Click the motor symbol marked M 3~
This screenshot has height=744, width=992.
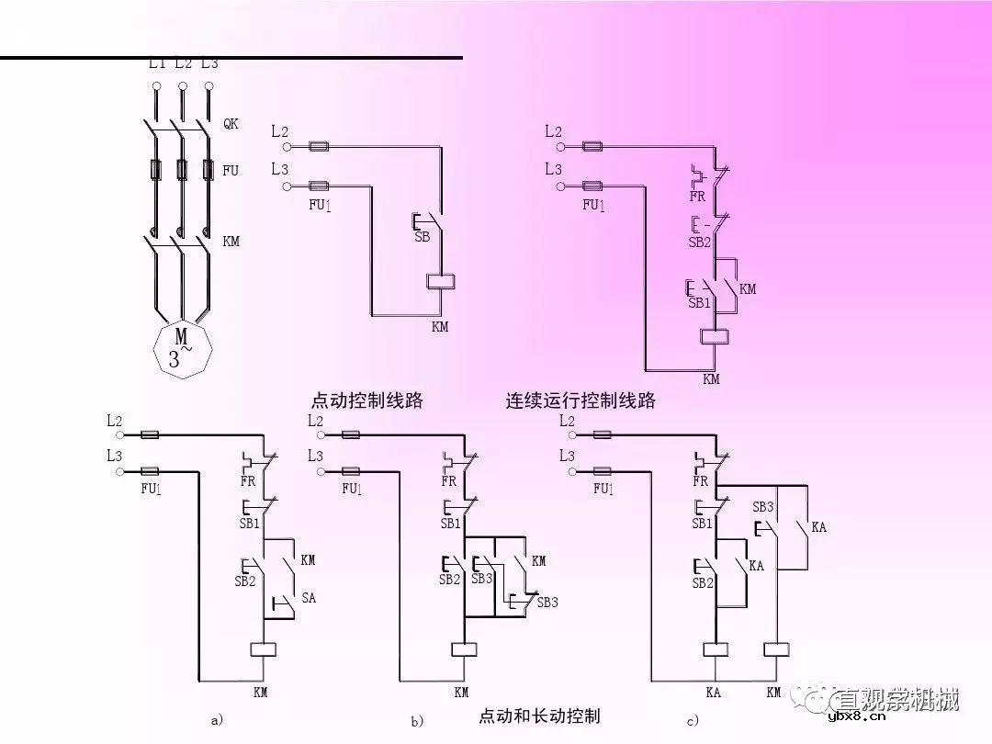[x=183, y=347]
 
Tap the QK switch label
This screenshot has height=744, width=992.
[x=231, y=124]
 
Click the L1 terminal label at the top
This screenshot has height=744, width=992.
[x=157, y=62]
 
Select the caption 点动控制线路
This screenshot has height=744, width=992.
[x=367, y=401]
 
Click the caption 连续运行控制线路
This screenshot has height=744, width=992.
[x=581, y=401]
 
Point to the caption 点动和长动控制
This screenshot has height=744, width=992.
[x=539, y=716]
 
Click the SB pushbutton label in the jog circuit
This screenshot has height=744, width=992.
[x=423, y=237]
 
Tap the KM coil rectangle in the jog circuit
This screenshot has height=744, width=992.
[x=442, y=282]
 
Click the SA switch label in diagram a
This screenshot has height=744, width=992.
[x=309, y=598]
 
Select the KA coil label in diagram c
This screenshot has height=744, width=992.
[x=713, y=693]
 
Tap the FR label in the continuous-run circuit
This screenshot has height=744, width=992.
[x=697, y=196]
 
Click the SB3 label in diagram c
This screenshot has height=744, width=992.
[x=763, y=506]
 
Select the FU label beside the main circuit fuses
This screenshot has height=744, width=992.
[x=231, y=171]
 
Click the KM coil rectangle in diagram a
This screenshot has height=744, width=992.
[x=264, y=649]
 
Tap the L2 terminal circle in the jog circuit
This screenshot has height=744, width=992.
[x=287, y=146]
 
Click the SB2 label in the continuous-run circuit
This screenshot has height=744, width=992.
[x=700, y=242]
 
